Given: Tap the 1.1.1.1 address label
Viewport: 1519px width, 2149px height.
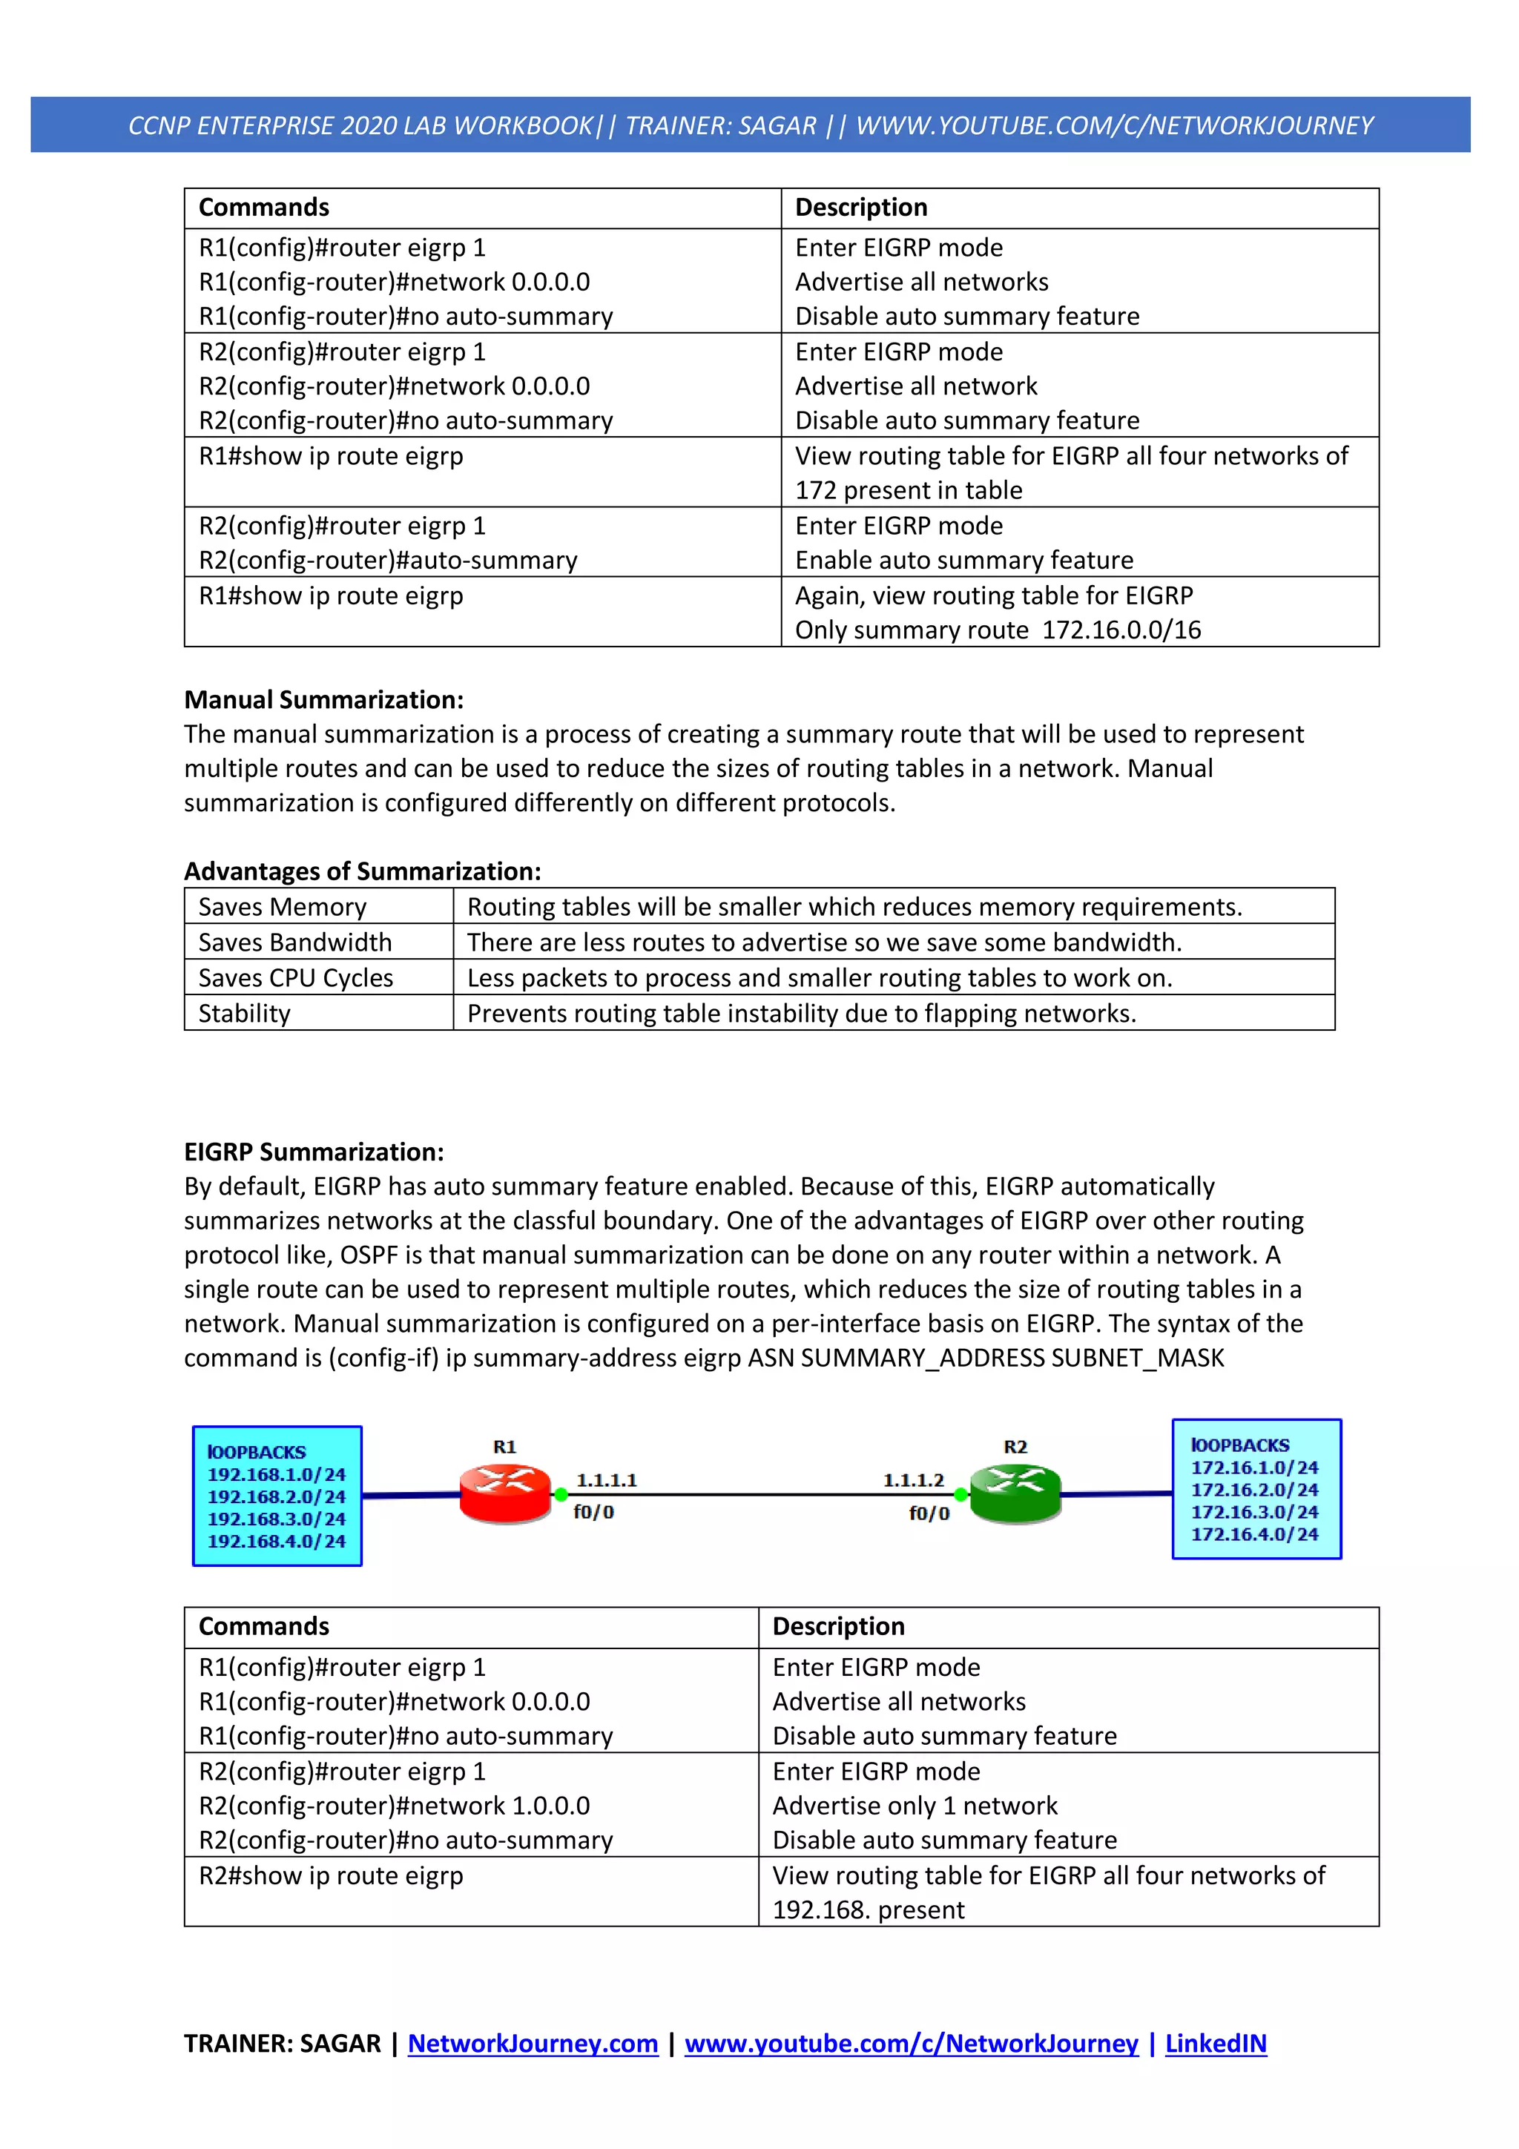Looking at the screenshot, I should [607, 1480].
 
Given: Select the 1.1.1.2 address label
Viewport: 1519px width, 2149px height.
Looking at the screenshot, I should [914, 1480].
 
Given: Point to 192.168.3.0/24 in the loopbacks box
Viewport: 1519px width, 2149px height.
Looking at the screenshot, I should [276, 1518].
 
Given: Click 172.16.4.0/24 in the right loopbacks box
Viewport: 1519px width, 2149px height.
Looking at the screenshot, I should [1254, 1534].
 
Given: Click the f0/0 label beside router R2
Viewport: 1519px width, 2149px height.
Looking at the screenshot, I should [929, 1513].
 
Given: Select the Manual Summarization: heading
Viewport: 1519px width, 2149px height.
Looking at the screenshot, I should [324, 699].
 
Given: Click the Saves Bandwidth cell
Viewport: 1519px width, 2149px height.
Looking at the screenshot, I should [294, 942].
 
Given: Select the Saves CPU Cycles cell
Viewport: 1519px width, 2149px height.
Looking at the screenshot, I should [296, 977].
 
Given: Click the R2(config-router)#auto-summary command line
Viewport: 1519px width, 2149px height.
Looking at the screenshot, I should [389, 560].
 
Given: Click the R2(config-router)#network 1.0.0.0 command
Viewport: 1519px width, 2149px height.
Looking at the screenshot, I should [394, 1806].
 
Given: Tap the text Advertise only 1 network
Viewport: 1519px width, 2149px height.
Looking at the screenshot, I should [915, 1806].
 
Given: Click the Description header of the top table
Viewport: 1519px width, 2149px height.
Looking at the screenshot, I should [861, 207].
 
